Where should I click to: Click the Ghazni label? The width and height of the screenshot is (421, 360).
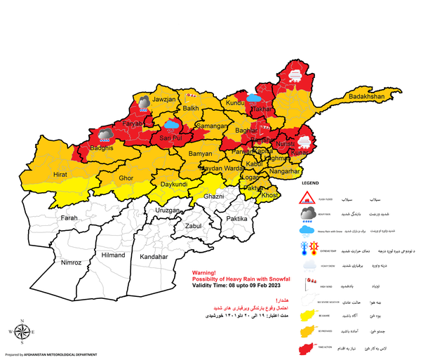coord(213,197)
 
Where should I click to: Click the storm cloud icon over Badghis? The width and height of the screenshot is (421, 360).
coord(106,133)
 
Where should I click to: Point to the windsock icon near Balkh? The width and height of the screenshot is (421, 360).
coord(191,94)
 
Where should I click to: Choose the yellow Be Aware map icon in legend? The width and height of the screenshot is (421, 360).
coord(307,314)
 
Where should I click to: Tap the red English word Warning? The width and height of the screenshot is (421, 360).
coord(206,274)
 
